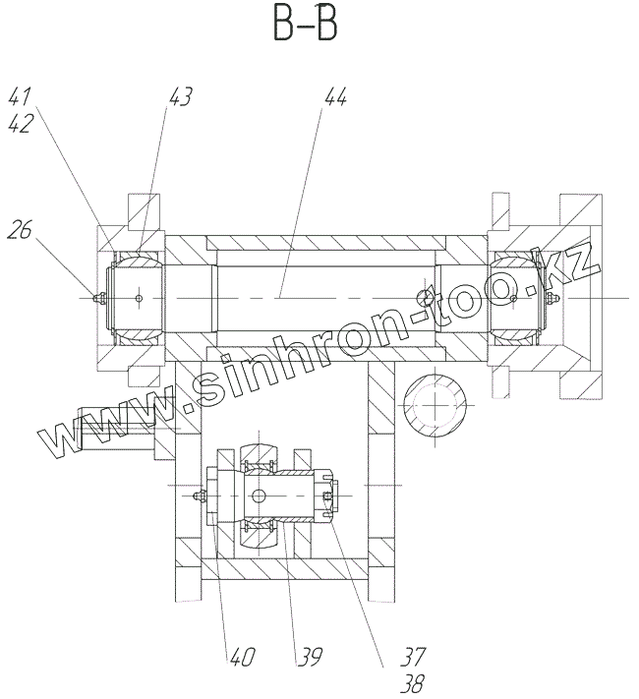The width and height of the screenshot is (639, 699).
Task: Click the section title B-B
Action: [305, 27]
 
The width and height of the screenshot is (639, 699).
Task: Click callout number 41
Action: [23, 96]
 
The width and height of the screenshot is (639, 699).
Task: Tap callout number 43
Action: [180, 96]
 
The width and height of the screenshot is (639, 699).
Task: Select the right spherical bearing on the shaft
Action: [515, 298]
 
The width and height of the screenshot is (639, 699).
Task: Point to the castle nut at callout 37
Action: [328, 496]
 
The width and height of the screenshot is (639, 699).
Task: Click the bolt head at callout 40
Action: [203, 497]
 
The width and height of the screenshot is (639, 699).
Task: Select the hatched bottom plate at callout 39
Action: [285, 570]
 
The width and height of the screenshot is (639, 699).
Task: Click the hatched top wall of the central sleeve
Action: [324, 242]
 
